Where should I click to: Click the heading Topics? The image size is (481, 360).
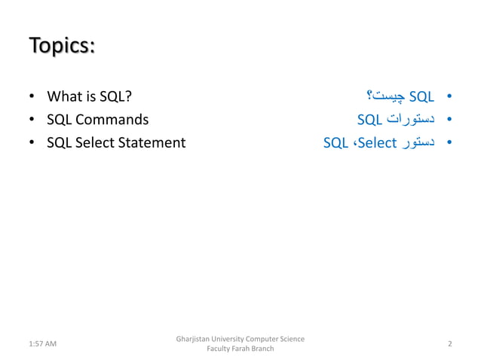click(62, 45)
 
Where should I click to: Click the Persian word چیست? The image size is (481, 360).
click(383, 96)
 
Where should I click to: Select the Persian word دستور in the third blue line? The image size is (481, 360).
click(418, 142)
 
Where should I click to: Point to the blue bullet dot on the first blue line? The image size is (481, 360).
click(449, 97)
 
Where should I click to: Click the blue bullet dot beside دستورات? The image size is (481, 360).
click(449, 120)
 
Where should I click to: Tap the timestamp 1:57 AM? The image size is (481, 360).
click(41, 344)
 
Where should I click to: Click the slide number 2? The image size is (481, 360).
click(449, 344)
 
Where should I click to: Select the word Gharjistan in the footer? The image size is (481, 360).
click(193, 339)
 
